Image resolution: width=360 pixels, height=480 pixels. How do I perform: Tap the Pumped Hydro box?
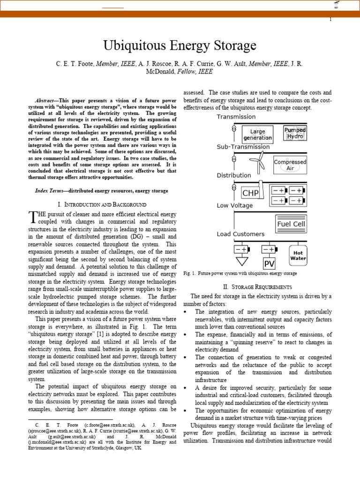tap(295, 133)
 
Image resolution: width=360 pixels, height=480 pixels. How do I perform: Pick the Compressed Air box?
tap(290, 165)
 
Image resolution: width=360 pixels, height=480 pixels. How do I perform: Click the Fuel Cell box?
tap(291, 224)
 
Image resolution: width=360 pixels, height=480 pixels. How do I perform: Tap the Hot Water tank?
tap(298, 255)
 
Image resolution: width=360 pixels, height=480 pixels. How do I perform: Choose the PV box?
tap(269, 264)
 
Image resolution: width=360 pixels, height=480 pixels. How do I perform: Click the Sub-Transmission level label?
tap(243, 147)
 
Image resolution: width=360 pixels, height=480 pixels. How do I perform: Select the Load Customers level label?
tap(240, 234)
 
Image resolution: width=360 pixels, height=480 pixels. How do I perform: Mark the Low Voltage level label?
tap(234, 205)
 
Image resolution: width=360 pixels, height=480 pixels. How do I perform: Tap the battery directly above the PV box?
tap(269, 249)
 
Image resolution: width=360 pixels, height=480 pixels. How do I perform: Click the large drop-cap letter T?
tap(32, 217)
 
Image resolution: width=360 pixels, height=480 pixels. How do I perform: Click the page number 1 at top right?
tap(330, 19)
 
